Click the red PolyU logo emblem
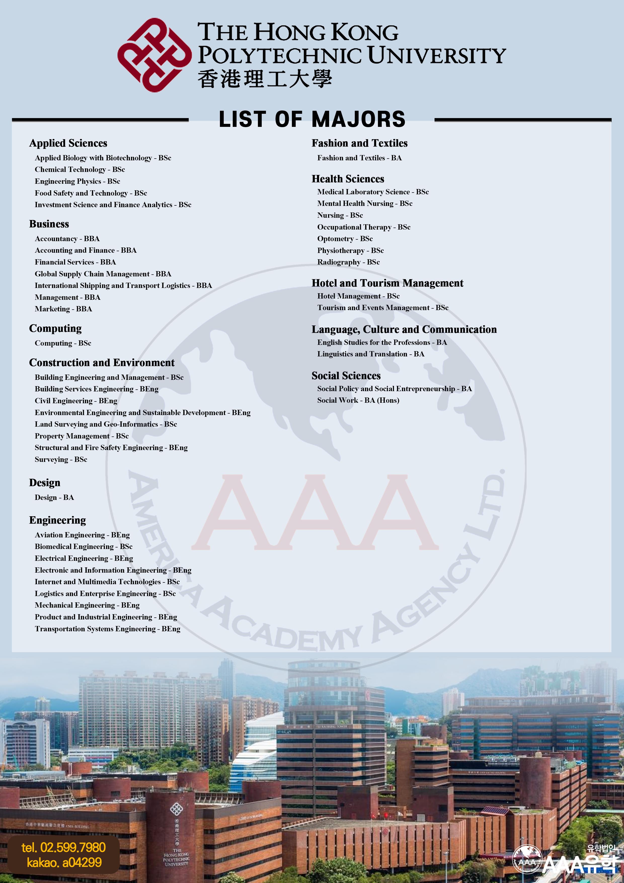click(x=154, y=55)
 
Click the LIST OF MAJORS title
click(x=312, y=119)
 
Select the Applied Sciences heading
click(x=68, y=143)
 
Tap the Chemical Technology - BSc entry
click(x=80, y=170)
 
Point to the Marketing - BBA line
click(x=63, y=309)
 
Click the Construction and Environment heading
click(x=101, y=363)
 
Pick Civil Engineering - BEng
click(x=76, y=401)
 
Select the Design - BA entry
click(x=54, y=497)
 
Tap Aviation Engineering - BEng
click(x=82, y=535)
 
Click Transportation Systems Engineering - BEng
click(x=107, y=629)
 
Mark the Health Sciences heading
click(x=347, y=179)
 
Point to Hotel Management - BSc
click(x=358, y=296)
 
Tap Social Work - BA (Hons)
click(x=358, y=400)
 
